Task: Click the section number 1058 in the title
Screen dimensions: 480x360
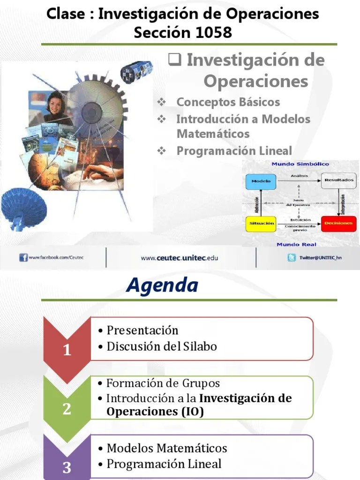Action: click(206, 33)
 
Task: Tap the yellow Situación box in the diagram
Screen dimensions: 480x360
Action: click(261, 224)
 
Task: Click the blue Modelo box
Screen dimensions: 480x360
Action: click(261, 181)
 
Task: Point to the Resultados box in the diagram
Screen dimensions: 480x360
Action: click(338, 180)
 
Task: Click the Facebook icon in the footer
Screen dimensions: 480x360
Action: click(23, 257)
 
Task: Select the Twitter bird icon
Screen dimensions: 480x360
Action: click(292, 257)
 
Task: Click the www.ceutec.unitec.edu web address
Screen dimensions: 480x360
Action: click(180, 257)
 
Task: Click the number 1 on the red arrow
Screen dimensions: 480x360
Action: click(67, 350)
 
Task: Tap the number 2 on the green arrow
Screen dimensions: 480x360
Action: click(67, 409)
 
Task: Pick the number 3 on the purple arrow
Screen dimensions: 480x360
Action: click(67, 467)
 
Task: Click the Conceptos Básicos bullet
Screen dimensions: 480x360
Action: click(228, 102)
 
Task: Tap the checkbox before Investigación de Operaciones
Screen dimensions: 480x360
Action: click(175, 60)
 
